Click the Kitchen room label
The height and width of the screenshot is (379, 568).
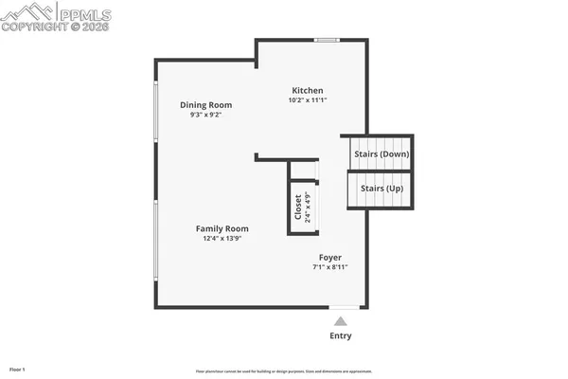308,90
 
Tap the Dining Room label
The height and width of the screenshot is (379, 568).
205,105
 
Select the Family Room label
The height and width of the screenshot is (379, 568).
222,228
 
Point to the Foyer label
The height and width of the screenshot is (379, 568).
329,257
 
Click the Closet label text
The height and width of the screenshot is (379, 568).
298,207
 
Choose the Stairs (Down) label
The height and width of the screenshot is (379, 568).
381,153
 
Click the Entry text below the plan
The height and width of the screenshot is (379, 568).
340,335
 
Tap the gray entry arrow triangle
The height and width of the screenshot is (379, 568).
340,321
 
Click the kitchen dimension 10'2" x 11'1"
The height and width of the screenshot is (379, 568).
308,100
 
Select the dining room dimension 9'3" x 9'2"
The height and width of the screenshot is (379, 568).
205,115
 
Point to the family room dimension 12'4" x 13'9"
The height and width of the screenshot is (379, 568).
222,239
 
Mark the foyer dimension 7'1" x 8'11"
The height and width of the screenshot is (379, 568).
329,267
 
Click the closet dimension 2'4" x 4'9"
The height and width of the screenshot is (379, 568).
308,207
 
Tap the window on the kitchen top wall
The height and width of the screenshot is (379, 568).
328,40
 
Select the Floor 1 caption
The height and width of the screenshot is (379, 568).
17,369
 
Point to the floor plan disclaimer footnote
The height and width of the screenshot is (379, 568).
284,371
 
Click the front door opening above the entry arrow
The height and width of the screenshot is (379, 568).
345,307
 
